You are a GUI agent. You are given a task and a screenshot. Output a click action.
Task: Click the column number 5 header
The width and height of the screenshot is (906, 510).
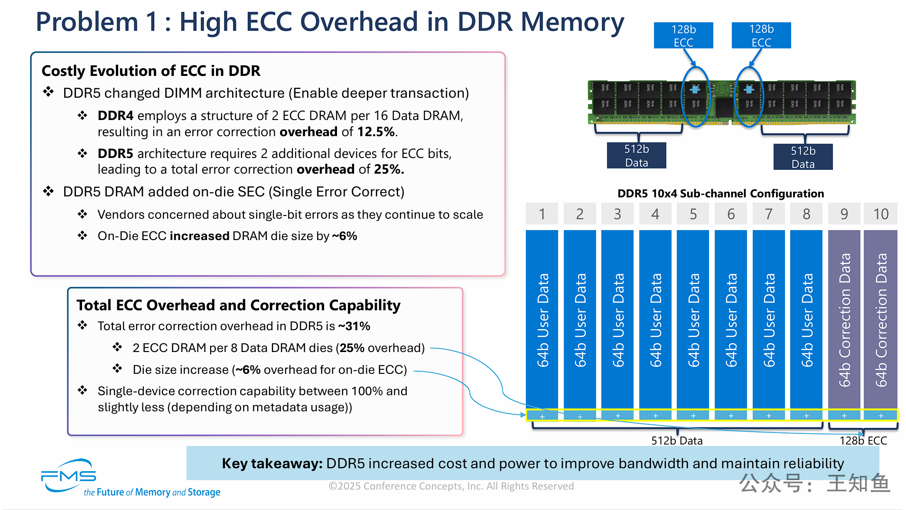pyautogui.click(x=693, y=214)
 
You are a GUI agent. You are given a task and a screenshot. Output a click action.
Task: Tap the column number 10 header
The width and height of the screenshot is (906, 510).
pyautogui.click(x=881, y=214)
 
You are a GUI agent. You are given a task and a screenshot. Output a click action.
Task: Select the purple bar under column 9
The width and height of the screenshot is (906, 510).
pyautogui.click(x=844, y=319)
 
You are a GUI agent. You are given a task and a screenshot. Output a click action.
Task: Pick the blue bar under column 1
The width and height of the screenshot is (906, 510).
pyautogui.click(x=542, y=319)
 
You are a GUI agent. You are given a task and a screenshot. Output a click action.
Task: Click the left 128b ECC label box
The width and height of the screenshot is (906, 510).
pyautogui.click(x=683, y=36)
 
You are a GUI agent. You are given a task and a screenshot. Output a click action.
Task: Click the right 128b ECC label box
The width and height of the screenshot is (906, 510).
pyautogui.click(x=761, y=36)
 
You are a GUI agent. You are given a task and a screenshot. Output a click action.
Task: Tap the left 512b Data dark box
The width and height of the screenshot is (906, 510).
pyautogui.click(x=636, y=156)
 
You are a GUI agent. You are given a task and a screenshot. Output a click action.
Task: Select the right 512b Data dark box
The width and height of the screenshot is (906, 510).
pyautogui.click(x=803, y=157)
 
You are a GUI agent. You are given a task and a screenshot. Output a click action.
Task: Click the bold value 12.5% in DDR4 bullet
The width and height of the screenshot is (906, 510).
pyautogui.click(x=376, y=132)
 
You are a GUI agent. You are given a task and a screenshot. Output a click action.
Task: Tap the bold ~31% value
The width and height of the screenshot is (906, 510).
pyautogui.click(x=354, y=326)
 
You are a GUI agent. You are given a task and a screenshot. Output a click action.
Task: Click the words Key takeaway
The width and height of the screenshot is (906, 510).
pyautogui.click(x=272, y=464)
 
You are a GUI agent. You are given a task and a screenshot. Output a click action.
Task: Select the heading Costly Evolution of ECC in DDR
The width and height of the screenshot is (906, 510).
pyautogui.click(x=151, y=71)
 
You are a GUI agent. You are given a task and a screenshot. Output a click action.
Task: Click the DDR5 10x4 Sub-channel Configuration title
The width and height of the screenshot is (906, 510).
pyautogui.click(x=720, y=194)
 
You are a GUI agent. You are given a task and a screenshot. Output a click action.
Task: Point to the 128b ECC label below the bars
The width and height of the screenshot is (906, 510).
pyautogui.click(x=863, y=441)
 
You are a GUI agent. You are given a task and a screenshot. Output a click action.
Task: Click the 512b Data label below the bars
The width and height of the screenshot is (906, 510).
pyautogui.click(x=677, y=441)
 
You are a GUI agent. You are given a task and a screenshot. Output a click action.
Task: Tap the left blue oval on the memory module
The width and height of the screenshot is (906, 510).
pyautogui.click(x=695, y=97)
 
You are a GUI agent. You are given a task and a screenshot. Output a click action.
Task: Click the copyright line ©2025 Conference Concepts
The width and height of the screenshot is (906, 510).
pyautogui.click(x=451, y=486)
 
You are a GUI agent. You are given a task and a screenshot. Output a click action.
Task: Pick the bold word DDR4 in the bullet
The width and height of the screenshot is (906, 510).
pyautogui.click(x=115, y=116)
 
